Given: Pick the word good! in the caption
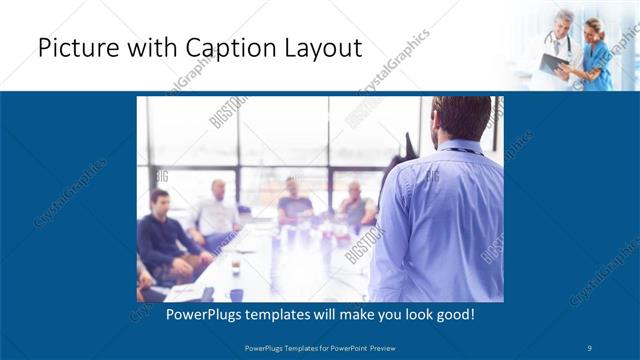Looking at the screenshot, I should coord(451,314).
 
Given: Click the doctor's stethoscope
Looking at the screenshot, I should coord(560,40).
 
